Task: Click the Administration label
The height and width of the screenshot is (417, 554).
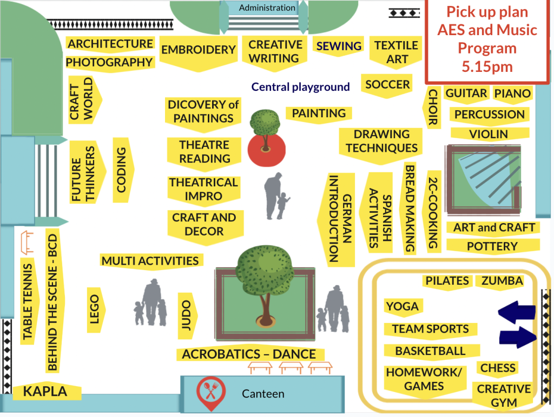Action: click(x=267, y=8)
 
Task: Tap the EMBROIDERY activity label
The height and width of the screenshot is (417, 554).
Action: click(x=199, y=50)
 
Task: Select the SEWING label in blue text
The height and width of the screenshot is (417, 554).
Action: click(x=339, y=46)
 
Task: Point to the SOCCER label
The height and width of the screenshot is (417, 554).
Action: click(x=387, y=85)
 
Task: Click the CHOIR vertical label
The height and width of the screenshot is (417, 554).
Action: click(x=433, y=107)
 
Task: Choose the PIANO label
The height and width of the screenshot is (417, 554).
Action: click(x=512, y=93)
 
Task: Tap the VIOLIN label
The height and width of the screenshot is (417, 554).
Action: click(x=489, y=134)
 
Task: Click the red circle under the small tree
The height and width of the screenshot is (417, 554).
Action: click(x=266, y=150)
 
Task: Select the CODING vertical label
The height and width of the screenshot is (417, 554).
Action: click(x=121, y=170)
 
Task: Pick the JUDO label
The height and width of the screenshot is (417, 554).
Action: click(x=186, y=315)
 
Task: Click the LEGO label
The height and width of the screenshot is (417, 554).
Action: click(x=94, y=310)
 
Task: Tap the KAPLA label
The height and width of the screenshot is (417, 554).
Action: click(x=45, y=391)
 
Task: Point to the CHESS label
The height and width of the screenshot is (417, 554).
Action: click(x=498, y=368)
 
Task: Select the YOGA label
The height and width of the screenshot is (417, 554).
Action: click(x=402, y=306)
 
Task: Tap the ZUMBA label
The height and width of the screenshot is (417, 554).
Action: click(x=502, y=281)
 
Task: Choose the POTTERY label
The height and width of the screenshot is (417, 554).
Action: click(x=492, y=246)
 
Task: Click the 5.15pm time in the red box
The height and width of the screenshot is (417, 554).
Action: click(x=487, y=66)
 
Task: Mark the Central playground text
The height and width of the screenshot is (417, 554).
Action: click(x=300, y=87)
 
